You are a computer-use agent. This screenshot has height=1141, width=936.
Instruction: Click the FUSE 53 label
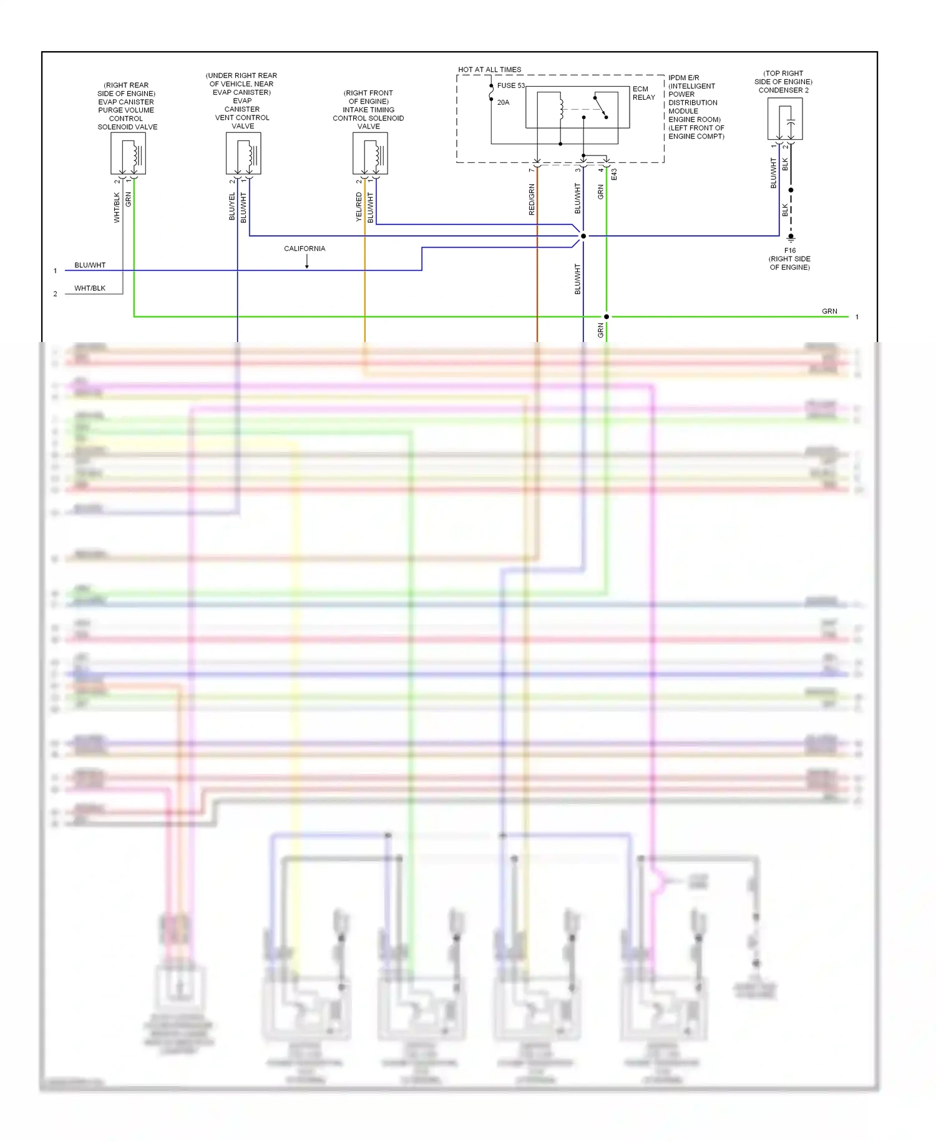click(x=510, y=86)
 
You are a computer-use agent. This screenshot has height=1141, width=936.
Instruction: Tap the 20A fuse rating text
click(x=503, y=102)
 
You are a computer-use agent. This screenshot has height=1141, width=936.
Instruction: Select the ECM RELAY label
click(x=643, y=93)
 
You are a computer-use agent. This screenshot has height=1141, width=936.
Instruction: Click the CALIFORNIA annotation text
click(x=305, y=248)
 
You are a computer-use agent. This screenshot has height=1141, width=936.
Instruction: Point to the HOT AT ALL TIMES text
click(x=489, y=70)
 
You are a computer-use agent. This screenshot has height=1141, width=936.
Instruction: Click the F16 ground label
click(x=789, y=250)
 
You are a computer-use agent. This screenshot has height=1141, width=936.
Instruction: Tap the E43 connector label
click(x=614, y=174)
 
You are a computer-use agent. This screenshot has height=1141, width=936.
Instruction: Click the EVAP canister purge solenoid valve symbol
click(x=128, y=154)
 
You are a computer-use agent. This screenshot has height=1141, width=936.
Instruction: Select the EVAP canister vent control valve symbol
click(x=243, y=154)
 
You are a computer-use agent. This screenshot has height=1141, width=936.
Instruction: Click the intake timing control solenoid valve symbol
click(x=370, y=154)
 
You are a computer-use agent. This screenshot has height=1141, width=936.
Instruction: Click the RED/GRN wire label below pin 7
click(x=532, y=200)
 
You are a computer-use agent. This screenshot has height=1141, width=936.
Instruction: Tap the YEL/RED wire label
click(x=359, y=207)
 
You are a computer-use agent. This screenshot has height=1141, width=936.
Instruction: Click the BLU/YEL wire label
click(x=232, y=207)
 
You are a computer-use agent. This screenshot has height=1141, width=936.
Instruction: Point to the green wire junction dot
click(x=606, y=316)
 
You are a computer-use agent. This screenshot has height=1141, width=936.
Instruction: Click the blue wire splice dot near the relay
click(x=583, y=236)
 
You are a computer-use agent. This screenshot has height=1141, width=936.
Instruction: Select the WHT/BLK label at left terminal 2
click(x=90, y=288)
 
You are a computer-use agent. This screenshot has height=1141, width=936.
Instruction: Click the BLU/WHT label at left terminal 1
click(x=90, y=265)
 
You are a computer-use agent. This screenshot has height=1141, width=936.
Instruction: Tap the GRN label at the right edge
click(x=829, y=311)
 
